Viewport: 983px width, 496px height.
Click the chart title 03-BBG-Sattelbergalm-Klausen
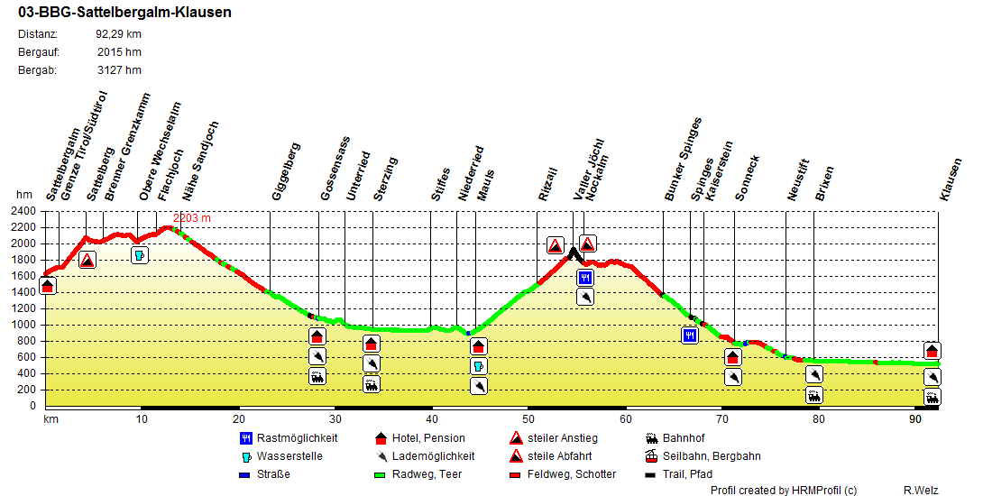tap(124, 13)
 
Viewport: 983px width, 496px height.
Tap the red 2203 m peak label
tap(192, 218)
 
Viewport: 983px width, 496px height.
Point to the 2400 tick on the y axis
tap(23, 211)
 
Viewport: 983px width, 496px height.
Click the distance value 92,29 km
tap(118, 34)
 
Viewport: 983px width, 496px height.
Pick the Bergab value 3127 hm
tap(119, 69)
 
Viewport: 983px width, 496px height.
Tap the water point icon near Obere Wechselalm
tap(140, 255)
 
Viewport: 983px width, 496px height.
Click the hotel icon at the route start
tap(48, 286)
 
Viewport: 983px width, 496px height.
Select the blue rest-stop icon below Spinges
tap(690, 335)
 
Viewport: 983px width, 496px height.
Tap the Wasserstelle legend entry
tap(289, 456)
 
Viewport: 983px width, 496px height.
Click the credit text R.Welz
tap(921, 490)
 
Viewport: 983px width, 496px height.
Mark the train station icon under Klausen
tap(932, 397)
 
